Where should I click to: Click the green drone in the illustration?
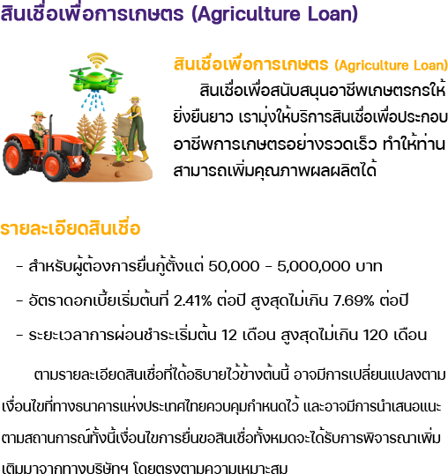[x=96, y=78]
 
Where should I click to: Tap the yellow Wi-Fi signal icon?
[x=97, y=60]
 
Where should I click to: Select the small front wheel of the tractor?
[x=56, y=166]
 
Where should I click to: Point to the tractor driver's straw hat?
[x=39, y=115]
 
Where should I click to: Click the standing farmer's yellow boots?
[x=138, y=156]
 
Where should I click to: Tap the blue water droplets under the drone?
[x=93, y=101]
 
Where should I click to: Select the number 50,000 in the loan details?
[x=234, y=266]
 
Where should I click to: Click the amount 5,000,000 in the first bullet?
[x=314, y=266]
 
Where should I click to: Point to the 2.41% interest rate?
[x=192, y=300]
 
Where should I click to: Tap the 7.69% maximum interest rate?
[x=354, y=300]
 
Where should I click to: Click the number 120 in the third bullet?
[x=375, y=335]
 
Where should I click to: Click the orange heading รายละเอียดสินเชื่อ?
[x=71, y=227]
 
